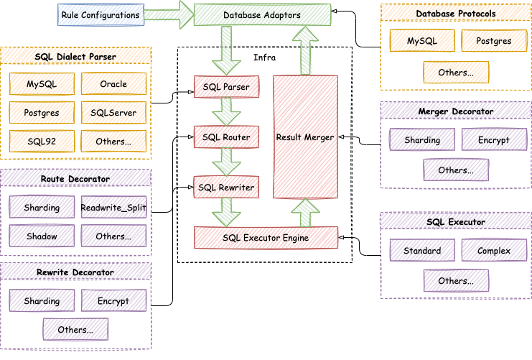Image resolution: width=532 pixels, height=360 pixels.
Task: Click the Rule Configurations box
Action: (101, 14)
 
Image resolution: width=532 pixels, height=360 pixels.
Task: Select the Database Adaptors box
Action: (262, 14)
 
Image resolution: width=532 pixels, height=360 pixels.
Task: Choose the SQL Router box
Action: (226, 137)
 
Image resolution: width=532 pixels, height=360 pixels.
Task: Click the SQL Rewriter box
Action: (226, 188)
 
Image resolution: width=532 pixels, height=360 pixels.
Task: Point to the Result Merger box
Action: (305, 137)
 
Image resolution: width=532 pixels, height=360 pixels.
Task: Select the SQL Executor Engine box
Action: (266, 237)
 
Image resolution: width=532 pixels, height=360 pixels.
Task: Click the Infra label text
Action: (265, 57)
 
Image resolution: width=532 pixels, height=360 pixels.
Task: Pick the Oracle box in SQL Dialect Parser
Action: (113, 84)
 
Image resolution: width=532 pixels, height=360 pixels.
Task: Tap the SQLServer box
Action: (113, 112)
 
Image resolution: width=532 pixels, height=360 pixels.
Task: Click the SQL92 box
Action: (42, 141)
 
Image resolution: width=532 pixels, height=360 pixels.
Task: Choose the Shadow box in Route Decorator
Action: (42, 235)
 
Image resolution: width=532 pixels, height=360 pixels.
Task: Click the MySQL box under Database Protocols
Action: (421, 42)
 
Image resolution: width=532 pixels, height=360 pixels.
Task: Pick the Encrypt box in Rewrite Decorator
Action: (113, 300)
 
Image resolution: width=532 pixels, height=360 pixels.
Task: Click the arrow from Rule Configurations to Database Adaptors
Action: (169, 14)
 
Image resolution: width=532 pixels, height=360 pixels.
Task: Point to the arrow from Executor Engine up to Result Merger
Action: (305, 212)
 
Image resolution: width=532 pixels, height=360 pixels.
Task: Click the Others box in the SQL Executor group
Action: (456, 280)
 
